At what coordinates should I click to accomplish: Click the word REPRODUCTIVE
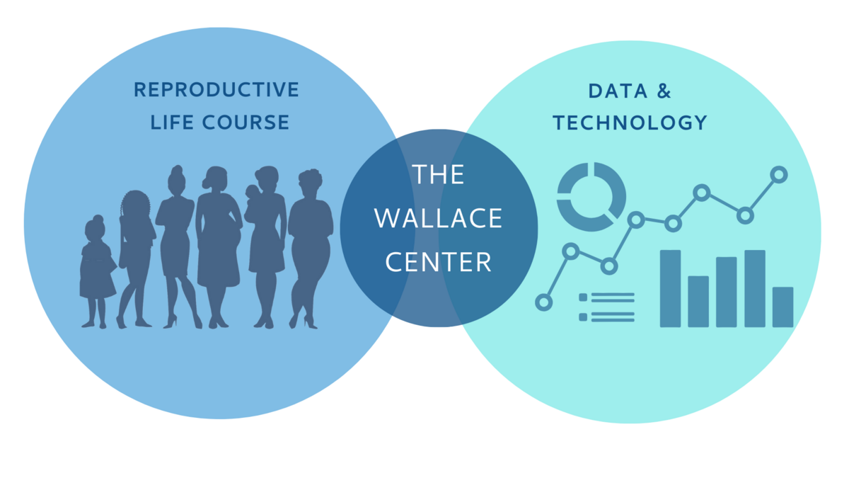point(216,89)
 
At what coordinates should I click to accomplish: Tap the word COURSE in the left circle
point(246,122)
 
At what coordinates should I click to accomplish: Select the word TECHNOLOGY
point(630,123)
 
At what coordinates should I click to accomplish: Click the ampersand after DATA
point(664,91)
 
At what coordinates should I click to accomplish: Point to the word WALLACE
point(438,218)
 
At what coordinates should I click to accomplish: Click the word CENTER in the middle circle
point(439,262)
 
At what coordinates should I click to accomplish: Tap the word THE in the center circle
point(438,174)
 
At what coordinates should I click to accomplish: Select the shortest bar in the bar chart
point(782,307)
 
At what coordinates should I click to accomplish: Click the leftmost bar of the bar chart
point(670,288)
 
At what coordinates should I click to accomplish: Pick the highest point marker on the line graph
point(779,175)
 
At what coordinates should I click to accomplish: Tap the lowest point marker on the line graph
point(544,302)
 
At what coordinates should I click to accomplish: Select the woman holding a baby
point(265,246)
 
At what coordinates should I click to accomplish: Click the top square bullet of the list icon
point(583,297)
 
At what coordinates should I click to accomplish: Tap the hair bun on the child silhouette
point(98,219)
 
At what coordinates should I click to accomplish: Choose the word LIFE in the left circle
point(173,122)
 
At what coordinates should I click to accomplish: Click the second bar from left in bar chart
point(698,302)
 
